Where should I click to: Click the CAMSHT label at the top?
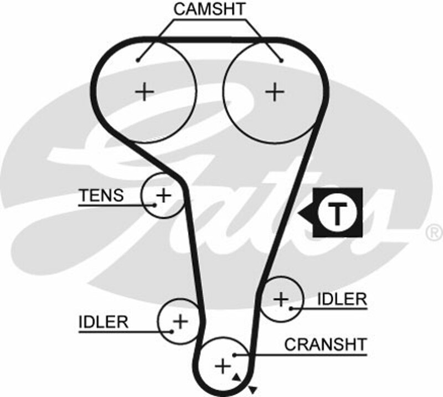click(x=209, y=9)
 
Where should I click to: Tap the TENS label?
click(x=101, y=195)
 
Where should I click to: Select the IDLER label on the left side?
click(x=104, y=321)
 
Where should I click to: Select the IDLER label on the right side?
click(x=342, y=299)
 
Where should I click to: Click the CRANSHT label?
click(x=325, y=344)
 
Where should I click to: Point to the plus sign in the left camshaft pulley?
click(x=145, y=91)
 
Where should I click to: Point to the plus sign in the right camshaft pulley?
click(x=274, y=91)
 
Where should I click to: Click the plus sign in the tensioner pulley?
click(x=163, y=194)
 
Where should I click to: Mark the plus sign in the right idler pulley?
click(x=281, y=299)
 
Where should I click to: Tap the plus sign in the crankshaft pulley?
click(x=222, y=365)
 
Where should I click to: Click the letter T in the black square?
click(x=337, y=212)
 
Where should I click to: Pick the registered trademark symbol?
click(x=433, y=231)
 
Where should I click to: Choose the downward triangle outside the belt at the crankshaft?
click(x=253, y=389)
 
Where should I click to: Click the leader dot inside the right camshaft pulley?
click(x=281, y=60)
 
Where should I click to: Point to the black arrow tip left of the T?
click(x=301, y=213)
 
